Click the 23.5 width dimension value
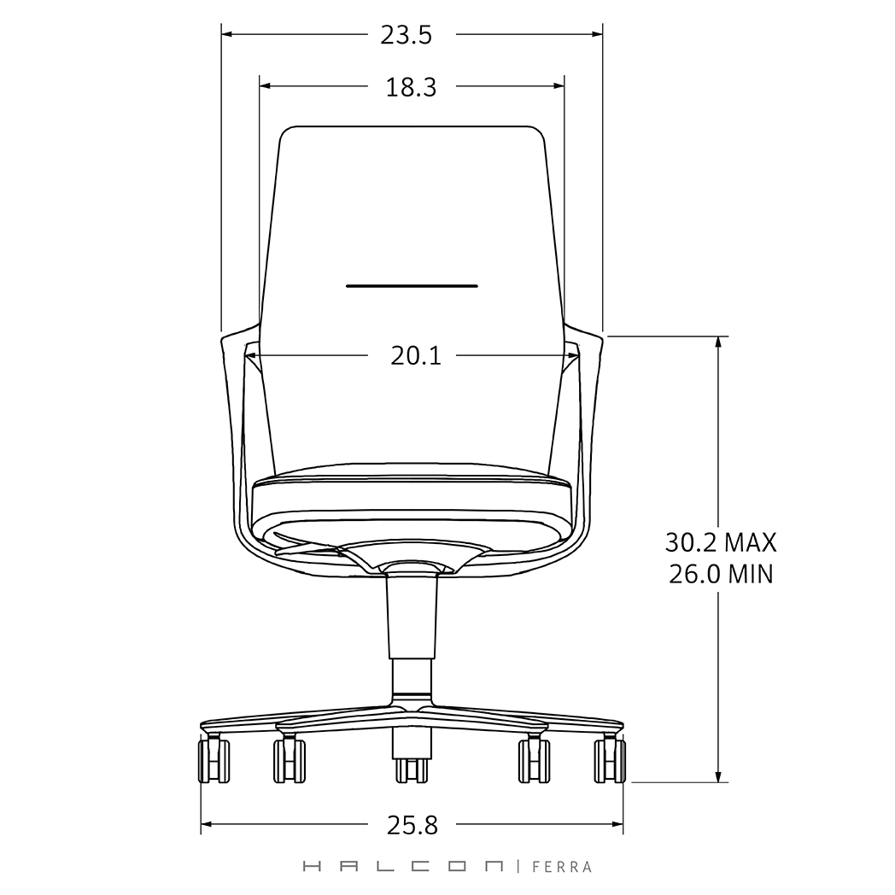406,35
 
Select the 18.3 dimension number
411,88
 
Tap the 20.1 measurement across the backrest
416,356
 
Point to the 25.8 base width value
412,825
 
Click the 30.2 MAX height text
721,542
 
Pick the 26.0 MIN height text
721,574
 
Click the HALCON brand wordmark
403,867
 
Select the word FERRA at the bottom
562,867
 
